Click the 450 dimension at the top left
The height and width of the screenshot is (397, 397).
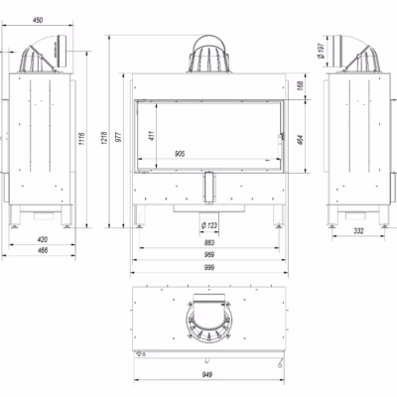(x=38, y=20)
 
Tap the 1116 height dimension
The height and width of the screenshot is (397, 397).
(x=82, y=139)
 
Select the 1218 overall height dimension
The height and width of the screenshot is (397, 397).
(x=104, y=138)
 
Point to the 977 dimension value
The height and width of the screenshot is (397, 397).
(x=119, y=137)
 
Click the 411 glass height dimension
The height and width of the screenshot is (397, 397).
(x=152, y=136)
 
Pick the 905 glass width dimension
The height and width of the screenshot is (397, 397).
(x=180, y=154)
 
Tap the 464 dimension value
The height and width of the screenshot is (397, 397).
(x=300, y=140)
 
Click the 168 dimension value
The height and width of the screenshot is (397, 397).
(x=300, y=86)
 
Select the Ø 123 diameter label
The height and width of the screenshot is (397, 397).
(x=209, y=225)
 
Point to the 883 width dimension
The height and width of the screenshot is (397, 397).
(x=209, y=242)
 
